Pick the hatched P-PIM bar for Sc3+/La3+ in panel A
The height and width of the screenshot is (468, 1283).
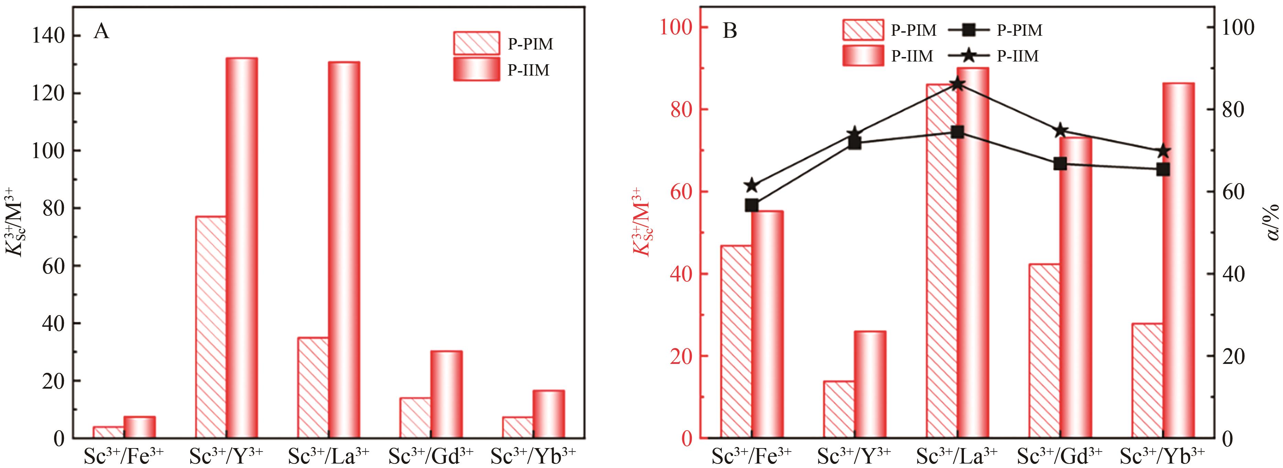point(313,388)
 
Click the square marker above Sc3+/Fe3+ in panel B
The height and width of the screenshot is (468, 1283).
point(752,205)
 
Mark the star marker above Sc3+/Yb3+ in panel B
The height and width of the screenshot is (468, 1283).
point(1163,151)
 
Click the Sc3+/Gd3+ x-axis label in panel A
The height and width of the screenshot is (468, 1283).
point(431,455)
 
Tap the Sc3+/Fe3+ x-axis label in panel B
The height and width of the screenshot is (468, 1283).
point(752,455)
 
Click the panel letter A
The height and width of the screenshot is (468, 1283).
point(101,32)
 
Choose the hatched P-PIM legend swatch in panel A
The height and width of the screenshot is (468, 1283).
point(476,43)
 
